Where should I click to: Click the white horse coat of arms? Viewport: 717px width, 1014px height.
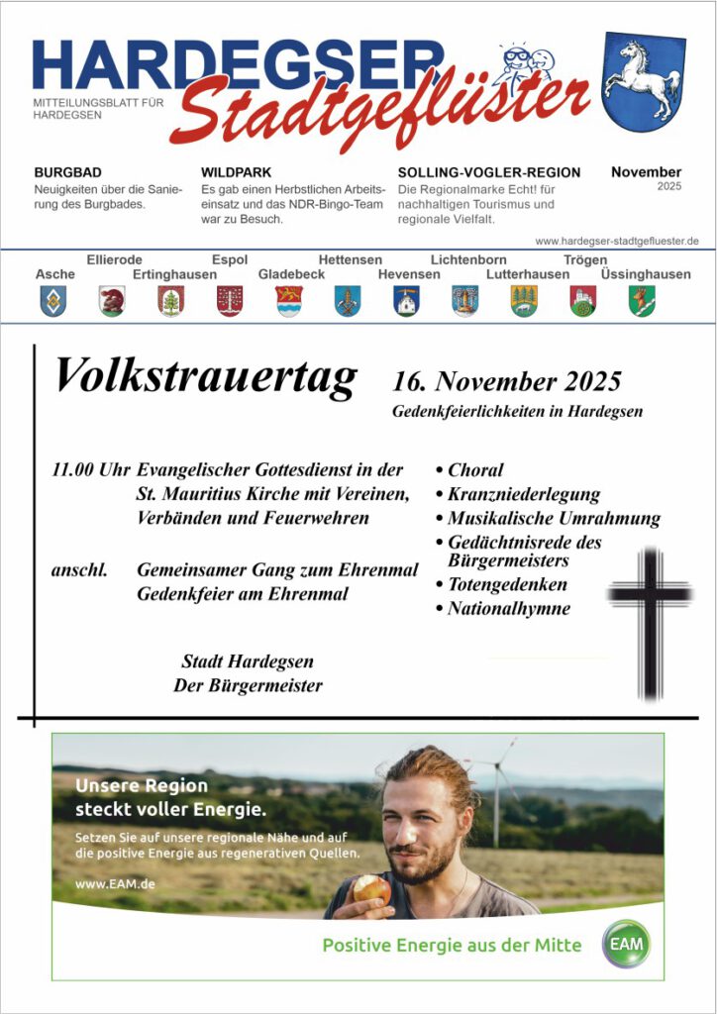[643, 82]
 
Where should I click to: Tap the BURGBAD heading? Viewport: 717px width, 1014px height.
[67, 172]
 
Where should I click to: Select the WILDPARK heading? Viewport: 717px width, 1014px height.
[236, 172]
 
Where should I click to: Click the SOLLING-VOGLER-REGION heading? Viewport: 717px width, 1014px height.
[489, 172]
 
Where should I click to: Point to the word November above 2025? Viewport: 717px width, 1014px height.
[646, 171]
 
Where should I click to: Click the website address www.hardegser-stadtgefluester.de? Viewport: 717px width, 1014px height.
[617, 241]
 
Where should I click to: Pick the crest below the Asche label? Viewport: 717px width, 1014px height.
[53, 300]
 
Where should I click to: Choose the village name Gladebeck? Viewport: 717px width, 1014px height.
[291, 274]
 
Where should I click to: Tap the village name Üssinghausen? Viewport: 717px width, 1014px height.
[646, 274]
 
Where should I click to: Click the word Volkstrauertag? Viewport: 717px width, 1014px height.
[205, 376]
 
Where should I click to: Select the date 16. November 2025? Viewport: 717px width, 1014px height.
[506, 381]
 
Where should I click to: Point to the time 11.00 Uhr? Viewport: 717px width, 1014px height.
[90, 469]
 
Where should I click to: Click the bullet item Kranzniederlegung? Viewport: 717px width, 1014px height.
[523, 494]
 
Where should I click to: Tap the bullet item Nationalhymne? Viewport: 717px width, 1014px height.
[508, 609]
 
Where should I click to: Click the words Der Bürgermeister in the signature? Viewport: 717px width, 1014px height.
[248, 685]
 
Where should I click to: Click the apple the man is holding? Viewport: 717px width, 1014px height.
[372, 887]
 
